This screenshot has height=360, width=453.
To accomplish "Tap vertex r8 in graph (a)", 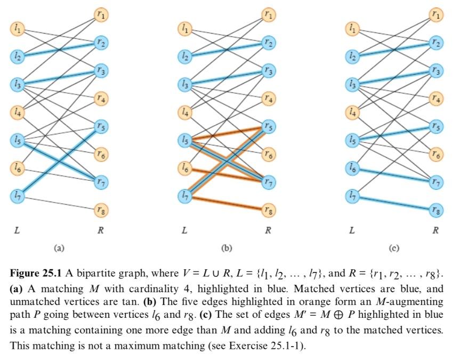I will pos(101,210).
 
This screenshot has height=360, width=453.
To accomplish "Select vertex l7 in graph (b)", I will pos(185,196).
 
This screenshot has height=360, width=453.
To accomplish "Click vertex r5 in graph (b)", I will pos(270,126).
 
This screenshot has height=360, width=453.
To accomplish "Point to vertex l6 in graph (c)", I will pos(352,168).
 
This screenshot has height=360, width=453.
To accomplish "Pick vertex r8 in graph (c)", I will pos(436,210).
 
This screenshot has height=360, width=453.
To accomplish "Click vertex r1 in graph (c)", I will pos(436,14).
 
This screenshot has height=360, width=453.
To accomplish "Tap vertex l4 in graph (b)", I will pos(185,112).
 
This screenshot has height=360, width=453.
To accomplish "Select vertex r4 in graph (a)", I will pos(101,98).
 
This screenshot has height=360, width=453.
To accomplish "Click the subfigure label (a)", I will pos(59,247).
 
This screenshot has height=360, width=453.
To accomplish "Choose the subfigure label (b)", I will pos(226,247).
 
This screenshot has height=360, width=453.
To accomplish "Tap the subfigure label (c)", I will pos(393,247).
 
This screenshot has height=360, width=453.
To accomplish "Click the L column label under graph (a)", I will pos(17,230).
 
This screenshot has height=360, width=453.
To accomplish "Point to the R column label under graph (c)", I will pos(436,230).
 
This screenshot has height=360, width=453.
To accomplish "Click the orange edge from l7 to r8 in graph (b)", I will pos(226,203).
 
